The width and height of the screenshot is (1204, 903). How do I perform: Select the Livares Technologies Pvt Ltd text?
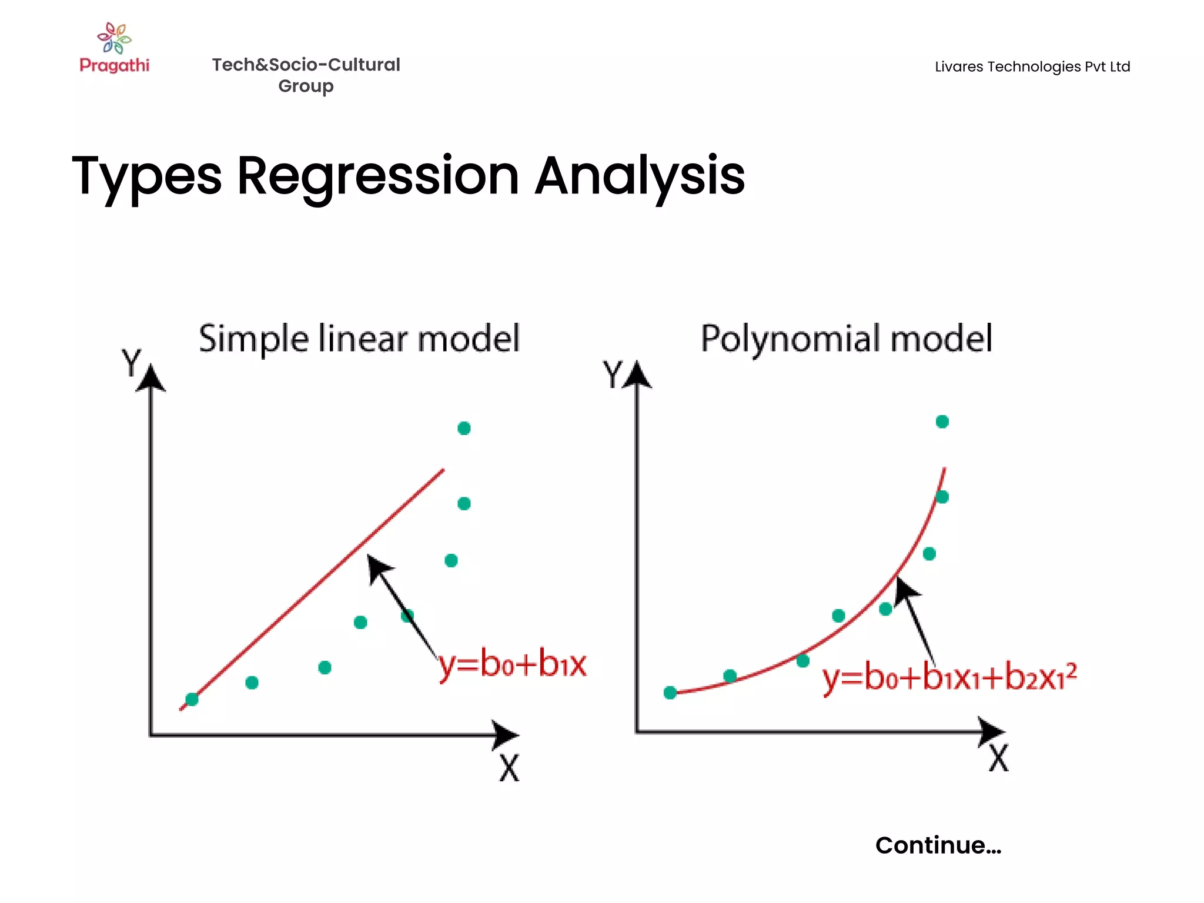point(1032,66)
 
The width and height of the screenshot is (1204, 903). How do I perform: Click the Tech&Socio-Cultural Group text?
point(306,75)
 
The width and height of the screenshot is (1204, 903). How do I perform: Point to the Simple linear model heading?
point(359,339)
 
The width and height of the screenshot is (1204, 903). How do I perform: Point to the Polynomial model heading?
point(847,339)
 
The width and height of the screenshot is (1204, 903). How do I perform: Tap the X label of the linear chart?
point(509,768)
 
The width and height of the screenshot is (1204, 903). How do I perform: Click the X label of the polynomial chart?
point(998,758)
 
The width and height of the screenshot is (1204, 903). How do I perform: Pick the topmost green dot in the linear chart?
point(464,428)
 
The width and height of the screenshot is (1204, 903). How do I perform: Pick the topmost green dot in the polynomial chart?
point(942,422)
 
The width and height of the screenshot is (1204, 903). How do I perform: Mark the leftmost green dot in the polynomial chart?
point(670,693)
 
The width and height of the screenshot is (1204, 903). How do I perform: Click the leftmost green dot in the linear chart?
point(192,700)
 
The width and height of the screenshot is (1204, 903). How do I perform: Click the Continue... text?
point(938,845)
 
